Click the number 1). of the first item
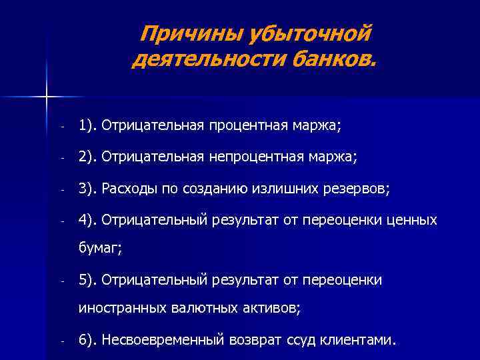tap(87, 125)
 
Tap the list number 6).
tap(87, 340)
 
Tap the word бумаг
tap(98, 248)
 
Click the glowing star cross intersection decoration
tap(46, 98)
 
